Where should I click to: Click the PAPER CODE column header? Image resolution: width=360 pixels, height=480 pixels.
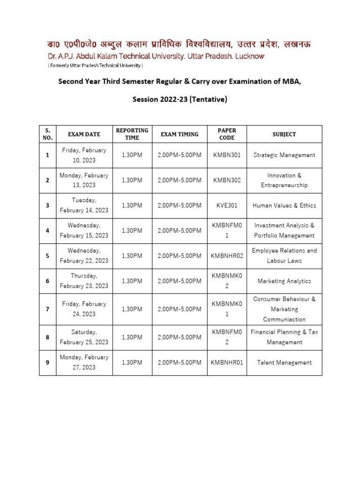pos(226,134)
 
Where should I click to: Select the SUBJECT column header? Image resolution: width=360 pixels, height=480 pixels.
pos(284,135)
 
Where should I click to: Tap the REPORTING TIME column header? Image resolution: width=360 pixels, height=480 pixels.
pos(132,134)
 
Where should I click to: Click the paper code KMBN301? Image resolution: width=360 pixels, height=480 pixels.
pos(226,155)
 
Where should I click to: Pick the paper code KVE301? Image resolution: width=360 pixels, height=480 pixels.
pos(226,205)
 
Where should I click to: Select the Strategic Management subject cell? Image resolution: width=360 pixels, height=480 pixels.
pos(284,155)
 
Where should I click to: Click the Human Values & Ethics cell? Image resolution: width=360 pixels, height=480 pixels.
pos(284,205)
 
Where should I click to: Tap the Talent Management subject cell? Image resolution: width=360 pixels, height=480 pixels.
pos(284,362)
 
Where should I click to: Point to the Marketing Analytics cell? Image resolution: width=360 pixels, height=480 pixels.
pos(284,281)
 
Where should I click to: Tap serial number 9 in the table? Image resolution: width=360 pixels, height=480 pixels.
pos(47,362)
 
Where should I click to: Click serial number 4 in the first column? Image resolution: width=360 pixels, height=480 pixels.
pos(47,231)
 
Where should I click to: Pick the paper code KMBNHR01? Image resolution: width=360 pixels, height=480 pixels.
pos(226,362)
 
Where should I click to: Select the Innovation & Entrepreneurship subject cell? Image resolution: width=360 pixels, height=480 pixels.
pos(284,180)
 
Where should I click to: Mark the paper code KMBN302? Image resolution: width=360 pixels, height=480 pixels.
pos(226,180)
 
